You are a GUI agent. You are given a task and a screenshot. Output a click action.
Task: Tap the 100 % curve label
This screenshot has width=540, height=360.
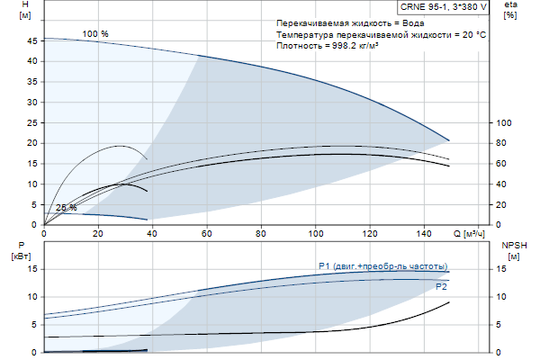tap(95, 34)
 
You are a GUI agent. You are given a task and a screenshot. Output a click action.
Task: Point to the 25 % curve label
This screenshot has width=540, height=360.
tap(67, 208)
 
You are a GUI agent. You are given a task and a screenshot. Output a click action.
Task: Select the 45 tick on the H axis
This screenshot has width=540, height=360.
tap(33, 40)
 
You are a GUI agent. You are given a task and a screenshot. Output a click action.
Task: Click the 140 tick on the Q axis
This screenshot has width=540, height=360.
tap(424, 234)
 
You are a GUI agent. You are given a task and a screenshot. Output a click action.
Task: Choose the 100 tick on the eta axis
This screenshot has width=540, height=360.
tap(504, 122)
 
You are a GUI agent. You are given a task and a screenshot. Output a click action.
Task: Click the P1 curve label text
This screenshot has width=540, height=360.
tap(382, 265)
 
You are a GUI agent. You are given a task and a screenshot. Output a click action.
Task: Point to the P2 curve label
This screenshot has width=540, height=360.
tap(441, 286)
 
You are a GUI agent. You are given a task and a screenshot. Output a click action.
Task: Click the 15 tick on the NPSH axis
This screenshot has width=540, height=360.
tap(503, 268)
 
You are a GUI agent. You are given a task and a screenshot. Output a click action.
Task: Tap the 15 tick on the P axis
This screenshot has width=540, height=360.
tap(32, 268)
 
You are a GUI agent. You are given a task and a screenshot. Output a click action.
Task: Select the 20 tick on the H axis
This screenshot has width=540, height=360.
tap(33, 143)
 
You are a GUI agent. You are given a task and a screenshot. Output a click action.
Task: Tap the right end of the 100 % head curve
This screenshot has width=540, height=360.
tap(449, 140)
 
